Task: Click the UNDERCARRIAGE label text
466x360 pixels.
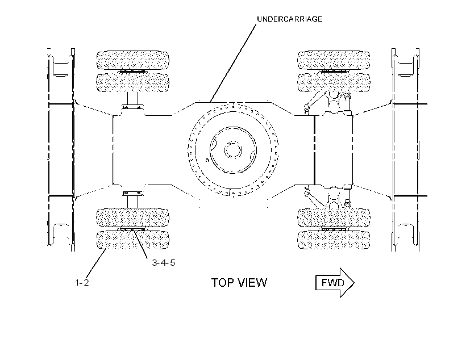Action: (x=289, y=19)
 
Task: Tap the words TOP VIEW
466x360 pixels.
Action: (x=239, y=282)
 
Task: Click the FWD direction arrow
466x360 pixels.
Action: (x=335, y=282)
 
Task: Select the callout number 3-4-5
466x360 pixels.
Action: (x=164, y=262)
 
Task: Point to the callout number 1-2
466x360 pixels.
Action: (x=82, y=282)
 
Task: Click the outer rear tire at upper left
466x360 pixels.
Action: (x=133, y=60)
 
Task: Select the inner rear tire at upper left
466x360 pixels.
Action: (x=133, y=82)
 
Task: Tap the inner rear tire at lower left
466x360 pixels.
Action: (x=133, y=217)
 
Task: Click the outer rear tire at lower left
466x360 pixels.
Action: (x=133, y=240)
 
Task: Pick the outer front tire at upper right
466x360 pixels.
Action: (x=334, y=60)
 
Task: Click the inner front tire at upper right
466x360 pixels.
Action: (x=334, y=82)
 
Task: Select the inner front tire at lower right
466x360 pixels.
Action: (x=334, y=217)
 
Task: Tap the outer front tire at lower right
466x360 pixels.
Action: (x=334, y=240)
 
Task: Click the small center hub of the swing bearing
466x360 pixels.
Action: (x=232, y=150)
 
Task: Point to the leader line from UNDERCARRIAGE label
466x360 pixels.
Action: (x=232, y=64)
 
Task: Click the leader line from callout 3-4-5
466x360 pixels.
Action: (x=140, y=244)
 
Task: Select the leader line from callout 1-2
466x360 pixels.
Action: (x=96, y=264)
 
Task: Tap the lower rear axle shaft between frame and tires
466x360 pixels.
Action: (x=133, y=202)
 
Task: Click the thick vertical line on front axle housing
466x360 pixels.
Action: (x=314, y=150)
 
